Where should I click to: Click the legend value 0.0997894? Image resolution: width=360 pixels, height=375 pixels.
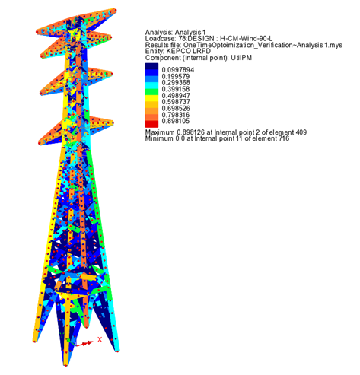point(178,70)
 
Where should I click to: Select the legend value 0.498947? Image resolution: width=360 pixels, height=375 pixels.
point(176,96)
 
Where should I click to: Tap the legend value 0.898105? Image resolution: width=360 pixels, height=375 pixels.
point(176,121)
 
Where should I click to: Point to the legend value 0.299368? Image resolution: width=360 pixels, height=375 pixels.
point(176,83)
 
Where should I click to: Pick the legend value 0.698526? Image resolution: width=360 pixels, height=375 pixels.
point(176,108)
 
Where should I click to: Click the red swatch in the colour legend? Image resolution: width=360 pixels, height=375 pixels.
point(151,124)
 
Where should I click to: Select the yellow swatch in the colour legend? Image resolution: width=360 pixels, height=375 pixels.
point(151,98)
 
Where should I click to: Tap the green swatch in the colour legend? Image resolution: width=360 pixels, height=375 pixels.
point(151,92)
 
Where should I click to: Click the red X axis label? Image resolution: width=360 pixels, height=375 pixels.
point(100,340)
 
